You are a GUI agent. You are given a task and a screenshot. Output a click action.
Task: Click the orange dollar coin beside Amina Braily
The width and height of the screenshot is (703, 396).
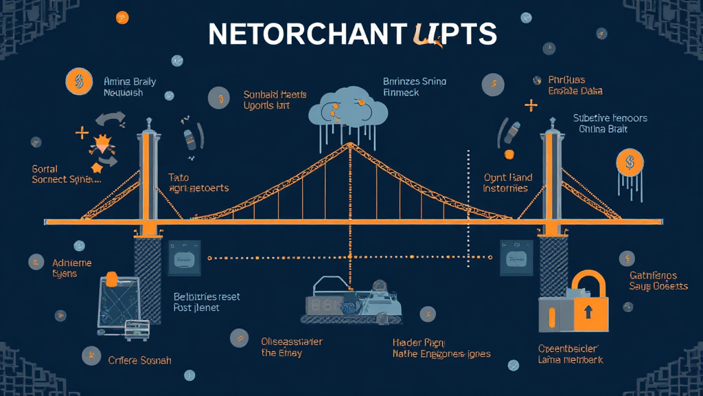[79, 81]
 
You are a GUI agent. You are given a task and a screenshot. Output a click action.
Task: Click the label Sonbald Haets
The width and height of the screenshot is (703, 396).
[275, 94]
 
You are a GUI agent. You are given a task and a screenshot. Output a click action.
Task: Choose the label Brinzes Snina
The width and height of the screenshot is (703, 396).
[415, 82]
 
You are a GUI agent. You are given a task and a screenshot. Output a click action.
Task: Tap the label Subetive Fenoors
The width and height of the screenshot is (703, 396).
[610, 118]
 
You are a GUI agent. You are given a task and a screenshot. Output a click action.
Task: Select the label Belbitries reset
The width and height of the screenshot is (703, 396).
[207, 296]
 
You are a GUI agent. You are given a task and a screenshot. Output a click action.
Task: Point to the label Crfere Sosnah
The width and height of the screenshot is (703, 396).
[140, 360]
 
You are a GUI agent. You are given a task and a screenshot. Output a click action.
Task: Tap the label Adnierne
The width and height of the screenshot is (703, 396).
[72, 263]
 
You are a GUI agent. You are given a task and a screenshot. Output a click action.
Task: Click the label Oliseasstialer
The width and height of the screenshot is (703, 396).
[292, 341]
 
